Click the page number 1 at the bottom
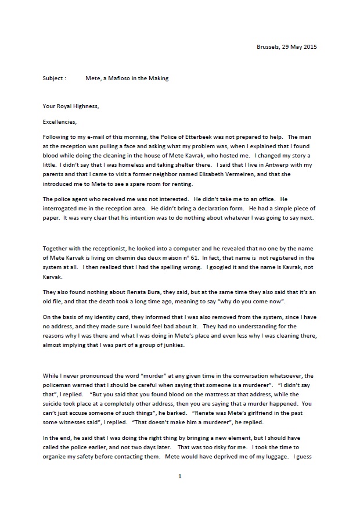tap(180, 493)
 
